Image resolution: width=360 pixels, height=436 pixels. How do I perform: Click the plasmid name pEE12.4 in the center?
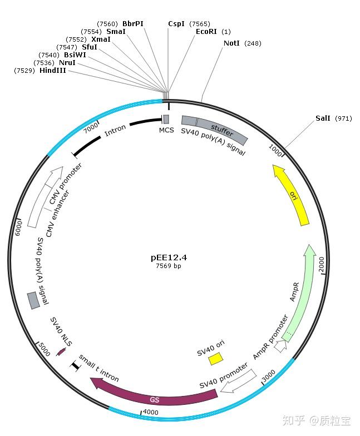(168, 258)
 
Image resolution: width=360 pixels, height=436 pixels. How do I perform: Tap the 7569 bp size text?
(168, 266)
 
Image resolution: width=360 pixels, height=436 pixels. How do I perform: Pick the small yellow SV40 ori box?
(215, 360)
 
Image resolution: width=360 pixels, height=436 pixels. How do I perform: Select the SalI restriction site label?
(323, 118)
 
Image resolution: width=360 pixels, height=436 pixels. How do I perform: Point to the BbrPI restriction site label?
(132, 24)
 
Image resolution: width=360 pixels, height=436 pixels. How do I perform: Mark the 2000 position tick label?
(321, 265)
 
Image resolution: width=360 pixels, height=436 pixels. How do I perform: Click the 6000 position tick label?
(18, 227)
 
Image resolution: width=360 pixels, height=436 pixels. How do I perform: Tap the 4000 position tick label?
(151, 412)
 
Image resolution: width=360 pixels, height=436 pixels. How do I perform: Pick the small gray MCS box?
(166, 120)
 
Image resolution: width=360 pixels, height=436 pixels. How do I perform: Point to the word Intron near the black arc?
(115, 131)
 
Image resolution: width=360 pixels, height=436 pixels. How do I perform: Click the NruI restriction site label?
(67, 63)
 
